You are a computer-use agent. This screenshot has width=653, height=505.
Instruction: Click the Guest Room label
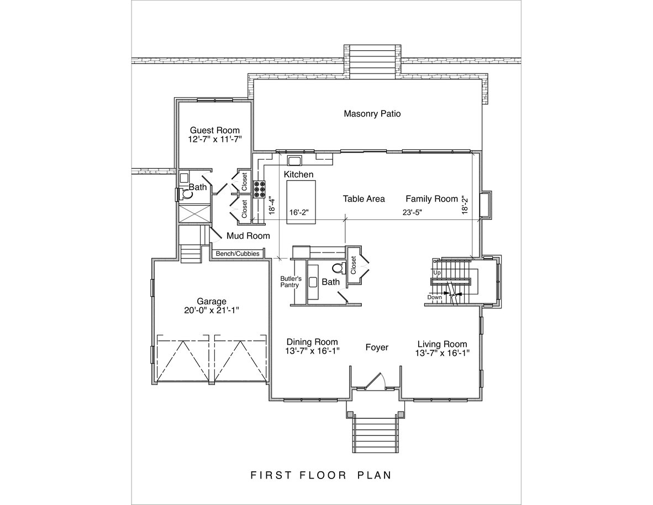click(x=215, y=130)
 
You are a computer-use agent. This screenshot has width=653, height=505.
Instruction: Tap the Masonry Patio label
click(x=372, y=114)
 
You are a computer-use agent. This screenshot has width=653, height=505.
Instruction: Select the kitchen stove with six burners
click(x=260, y=188)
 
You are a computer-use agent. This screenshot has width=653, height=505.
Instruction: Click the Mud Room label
click(x=248, y=236)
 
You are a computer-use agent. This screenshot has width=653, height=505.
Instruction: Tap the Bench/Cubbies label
click(x=238, y=254)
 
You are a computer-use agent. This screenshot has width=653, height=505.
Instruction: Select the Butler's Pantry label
click(x=290, y=282)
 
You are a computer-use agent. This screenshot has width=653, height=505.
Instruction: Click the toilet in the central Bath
click(x=339, y=267)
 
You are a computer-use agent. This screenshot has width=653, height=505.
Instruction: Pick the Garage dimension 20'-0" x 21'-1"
click(x=212, y=311)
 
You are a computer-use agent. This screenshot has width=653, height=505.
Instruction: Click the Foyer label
click(x=377, y=347)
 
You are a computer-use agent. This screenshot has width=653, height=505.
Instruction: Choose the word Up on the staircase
click(x=437, y=272)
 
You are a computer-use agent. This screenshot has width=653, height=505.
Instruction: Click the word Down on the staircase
click(x=434, y=297)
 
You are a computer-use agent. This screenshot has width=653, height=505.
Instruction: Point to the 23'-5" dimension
click(x=412, y=212)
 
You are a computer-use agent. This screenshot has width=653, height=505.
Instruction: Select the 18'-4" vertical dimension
click(x=272, y=206)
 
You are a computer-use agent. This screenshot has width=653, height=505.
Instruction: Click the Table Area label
click(x=364, y=199)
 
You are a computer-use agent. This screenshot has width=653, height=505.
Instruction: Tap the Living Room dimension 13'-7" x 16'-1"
click(x=443, y=353)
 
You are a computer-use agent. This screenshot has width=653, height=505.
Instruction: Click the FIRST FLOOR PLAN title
click(x=320, y=475)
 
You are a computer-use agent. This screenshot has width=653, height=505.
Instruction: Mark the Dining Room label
click(x=312, y=342)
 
